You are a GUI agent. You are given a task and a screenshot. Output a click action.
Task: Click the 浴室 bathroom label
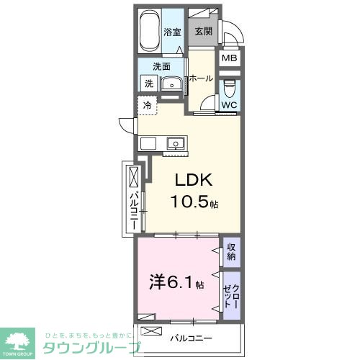(171, 32)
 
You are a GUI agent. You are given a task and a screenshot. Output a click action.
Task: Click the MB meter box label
(229, 59)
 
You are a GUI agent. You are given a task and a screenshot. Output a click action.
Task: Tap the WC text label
(229, 105)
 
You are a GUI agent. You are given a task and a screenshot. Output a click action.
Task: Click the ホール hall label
(201, 78)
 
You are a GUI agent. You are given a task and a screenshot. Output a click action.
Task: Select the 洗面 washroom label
(161, 67)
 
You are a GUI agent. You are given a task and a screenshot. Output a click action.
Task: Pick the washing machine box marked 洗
(149, 84)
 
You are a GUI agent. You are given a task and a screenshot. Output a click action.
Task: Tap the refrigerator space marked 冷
(147, 105)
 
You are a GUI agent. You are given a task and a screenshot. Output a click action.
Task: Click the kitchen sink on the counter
(175, 144)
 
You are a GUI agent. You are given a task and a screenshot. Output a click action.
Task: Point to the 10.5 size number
(189, 203)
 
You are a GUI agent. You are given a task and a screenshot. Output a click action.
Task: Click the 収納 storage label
(231, 252)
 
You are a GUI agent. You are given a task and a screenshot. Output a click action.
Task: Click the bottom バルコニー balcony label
(191, 336)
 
